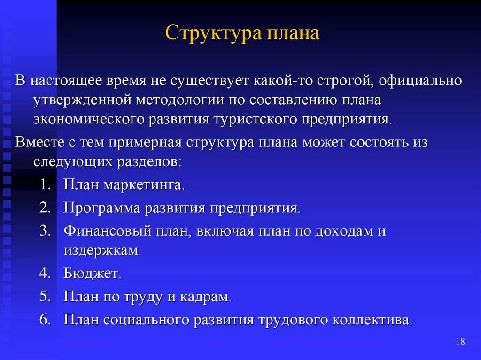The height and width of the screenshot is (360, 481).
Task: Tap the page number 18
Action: click(x=460, y=342)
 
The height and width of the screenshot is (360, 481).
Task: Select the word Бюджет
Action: click(x=92, y=273)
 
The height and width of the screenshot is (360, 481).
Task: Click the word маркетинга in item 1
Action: click(x=143, y=184)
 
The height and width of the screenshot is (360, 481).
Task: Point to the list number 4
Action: click(x=45, y=273)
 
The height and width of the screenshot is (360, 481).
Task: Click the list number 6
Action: click(x=45, y=320)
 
